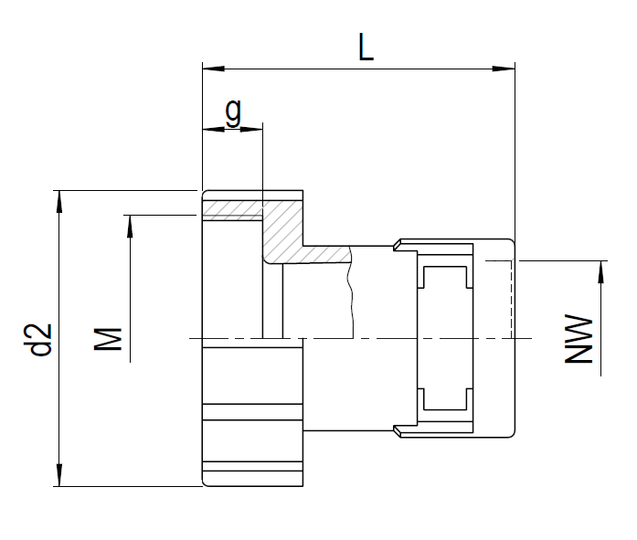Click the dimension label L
[366, 48]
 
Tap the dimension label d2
[41, 340]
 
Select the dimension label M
[108, 339]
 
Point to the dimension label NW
[579, 338]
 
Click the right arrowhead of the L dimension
[504, 69]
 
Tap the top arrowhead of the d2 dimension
[59, 201]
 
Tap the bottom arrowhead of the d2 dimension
[59, 475]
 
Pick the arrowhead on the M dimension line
[130, 227]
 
